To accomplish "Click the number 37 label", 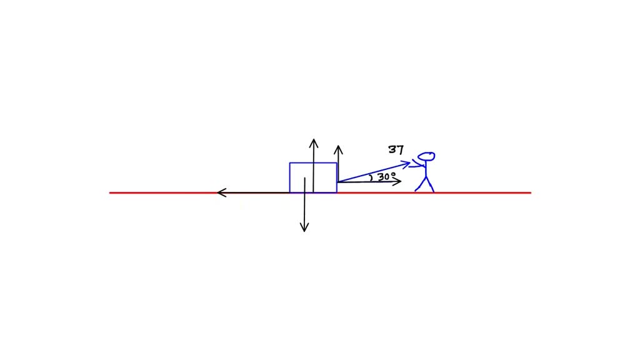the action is tap(396, 150).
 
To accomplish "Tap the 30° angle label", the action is tap(386, 177).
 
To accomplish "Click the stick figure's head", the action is tap(426, 156).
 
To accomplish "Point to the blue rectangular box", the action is tap(313, 177).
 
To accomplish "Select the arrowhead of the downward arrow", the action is tap(304, 227).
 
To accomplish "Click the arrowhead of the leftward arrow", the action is tap(222, 192).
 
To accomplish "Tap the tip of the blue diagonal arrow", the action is tap(410, 164).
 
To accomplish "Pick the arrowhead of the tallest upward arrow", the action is tap(314, 143).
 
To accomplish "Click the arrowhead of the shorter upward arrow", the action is tap(338, 149).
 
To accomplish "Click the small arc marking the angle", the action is tap(371, 177).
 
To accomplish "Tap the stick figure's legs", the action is tap(425, 184).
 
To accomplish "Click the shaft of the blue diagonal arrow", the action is tap(374, 172).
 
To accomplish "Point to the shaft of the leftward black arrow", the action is tap(253, 192).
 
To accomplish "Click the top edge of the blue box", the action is tap(313, 163).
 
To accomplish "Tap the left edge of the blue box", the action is tap(290, 177).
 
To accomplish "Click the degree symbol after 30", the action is tap(394, 174).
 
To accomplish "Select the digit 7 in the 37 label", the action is tap(401, 150).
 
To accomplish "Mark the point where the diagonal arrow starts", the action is tap(338, 182).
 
